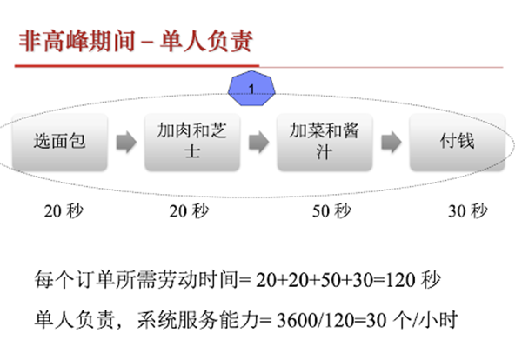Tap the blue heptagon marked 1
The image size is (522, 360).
point(251,89)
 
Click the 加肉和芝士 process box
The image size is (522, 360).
point(191,141)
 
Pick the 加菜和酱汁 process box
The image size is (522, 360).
point(324,141)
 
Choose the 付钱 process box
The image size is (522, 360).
point(456,141)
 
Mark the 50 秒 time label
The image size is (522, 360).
point(330,210)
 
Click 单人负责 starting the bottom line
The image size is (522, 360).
point(61,318)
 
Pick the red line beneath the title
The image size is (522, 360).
point(261,66)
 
